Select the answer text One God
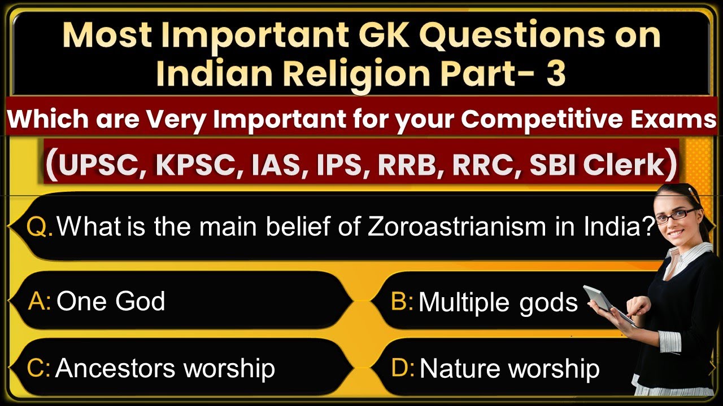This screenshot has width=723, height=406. tap(111, 301)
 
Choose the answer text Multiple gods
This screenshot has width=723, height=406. tap(498, 303)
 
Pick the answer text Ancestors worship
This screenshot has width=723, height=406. tap(165, 369)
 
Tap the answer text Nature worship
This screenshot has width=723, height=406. tap(509, 369)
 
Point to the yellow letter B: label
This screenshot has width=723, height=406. tap(402, 302)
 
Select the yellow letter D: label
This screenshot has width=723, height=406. tap(403, 369)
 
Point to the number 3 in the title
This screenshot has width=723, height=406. tap(555, 74)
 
